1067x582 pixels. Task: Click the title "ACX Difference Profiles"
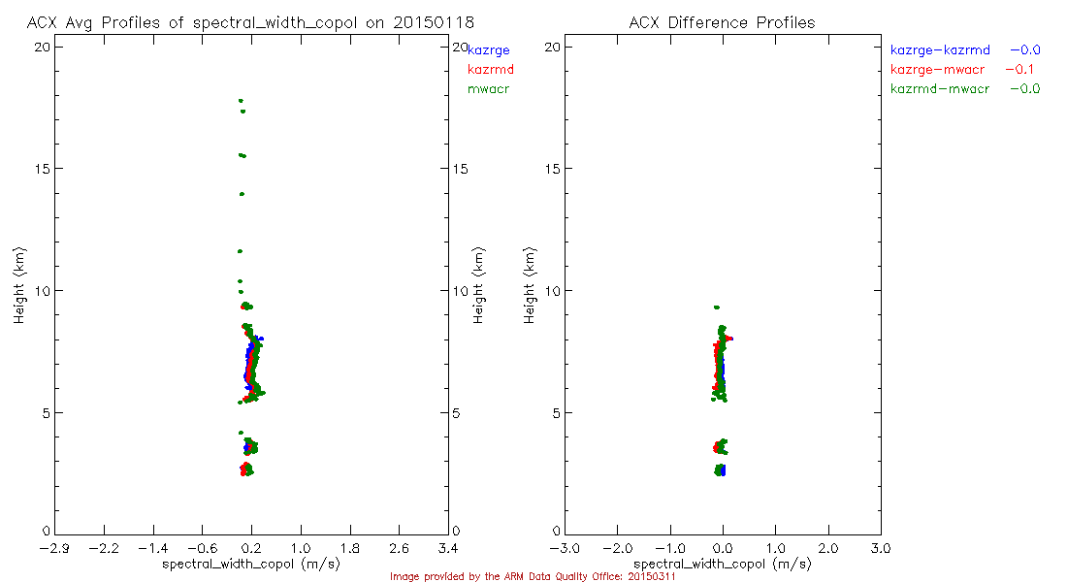(x=722, y=22)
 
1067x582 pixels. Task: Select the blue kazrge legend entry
(x=488, y=49)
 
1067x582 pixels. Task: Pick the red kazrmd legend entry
(x=490, y=70)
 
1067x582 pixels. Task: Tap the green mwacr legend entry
(x=488, y=90)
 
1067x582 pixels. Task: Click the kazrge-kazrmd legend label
(x=940, y=49)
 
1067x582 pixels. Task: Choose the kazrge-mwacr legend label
(x=937, y=70)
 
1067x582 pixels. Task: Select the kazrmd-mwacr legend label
(x=940, y=89)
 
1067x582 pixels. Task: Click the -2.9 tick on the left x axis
(x=54, y=548)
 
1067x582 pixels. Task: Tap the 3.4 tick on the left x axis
(x=448, y=548)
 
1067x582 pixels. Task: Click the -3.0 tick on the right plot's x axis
(x=565, y=548)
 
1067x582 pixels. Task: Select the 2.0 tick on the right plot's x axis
(x=828, y=548)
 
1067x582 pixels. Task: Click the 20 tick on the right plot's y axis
(x=551, y=47)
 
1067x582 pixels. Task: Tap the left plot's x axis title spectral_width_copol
(x=250, y=564)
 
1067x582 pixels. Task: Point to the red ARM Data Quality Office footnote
(x=533, y=576)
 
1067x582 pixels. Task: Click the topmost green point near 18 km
(x=241, y=101)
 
